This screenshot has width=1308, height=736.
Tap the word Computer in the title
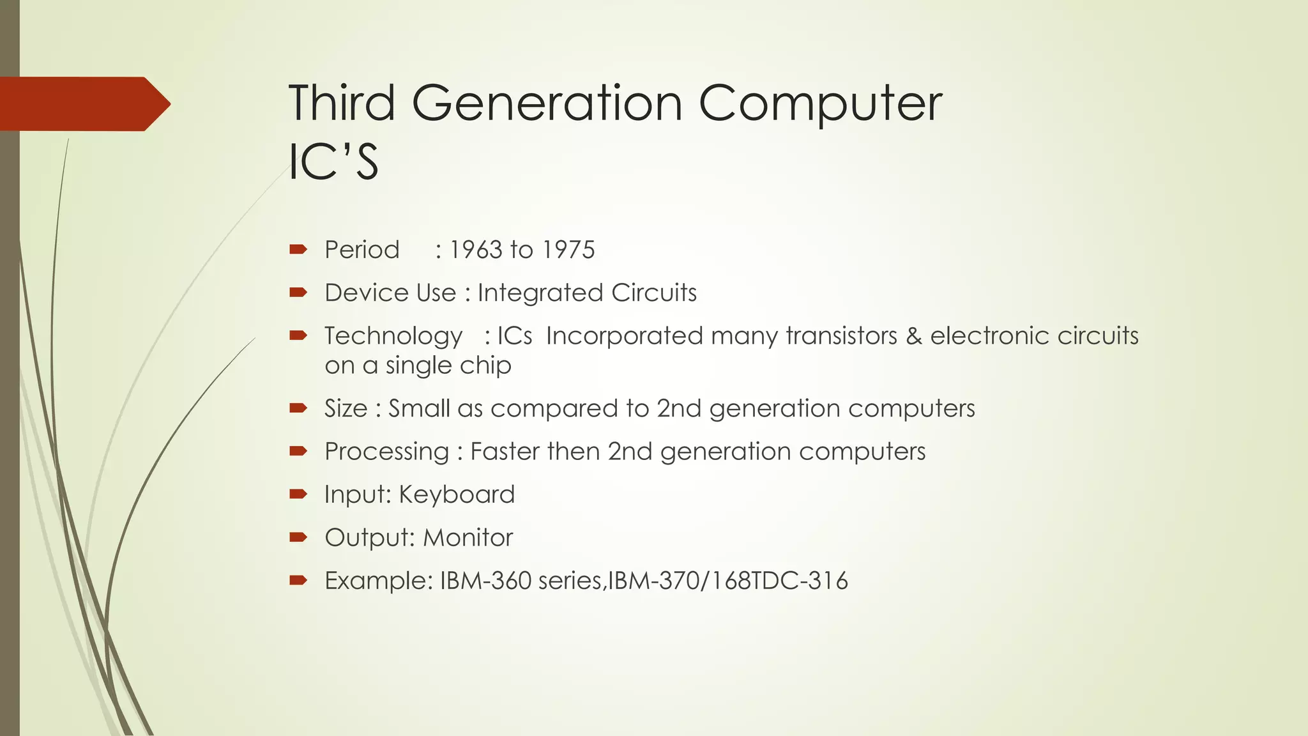820,104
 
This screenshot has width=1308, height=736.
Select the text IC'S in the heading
333,162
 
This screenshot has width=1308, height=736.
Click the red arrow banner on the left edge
83,104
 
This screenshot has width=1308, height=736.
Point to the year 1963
476,250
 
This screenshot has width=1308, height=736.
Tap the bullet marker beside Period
298,249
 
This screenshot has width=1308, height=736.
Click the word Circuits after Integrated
653,293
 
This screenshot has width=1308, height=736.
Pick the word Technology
393,337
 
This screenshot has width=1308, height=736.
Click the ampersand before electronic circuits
914,336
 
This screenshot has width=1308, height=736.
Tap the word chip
489,366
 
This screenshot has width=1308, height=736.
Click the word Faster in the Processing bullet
505,452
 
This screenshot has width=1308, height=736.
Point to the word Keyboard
457,494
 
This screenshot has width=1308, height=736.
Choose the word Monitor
468,538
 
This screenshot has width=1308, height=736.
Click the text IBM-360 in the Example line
485,581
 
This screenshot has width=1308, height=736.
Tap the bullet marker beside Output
298,537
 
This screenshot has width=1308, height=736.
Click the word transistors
841,336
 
